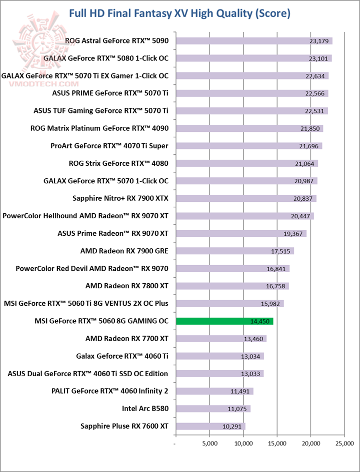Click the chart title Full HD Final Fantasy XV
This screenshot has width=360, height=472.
(x=179, y=13)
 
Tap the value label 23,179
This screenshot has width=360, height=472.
(x=320, y=41)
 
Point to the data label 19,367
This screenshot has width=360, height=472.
(x=294, y=233)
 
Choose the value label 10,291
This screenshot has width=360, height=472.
(x=232, y=426)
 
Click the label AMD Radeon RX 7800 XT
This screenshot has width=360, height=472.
(x=127, y=286)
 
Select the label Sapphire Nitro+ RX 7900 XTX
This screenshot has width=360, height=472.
(x=120, y=198)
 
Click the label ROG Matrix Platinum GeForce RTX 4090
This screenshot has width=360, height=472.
(x=99, y=128)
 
